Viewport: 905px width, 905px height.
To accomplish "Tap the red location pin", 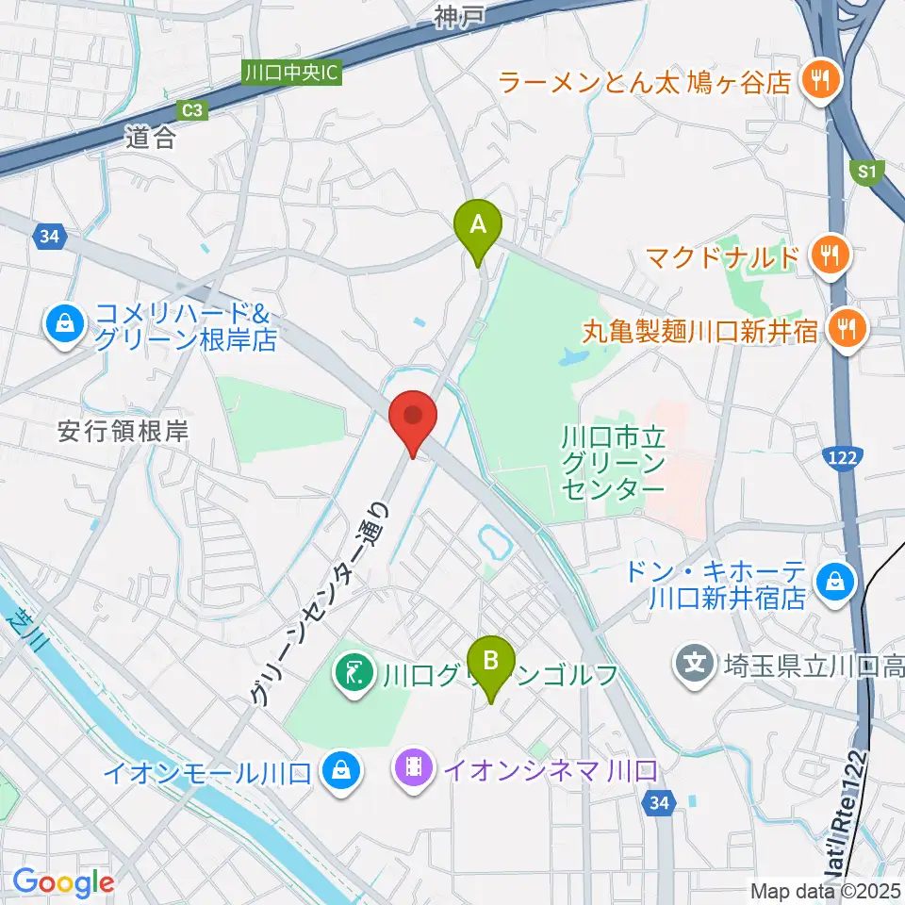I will pos(413,418).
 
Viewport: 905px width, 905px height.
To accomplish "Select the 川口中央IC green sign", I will pos(291,73).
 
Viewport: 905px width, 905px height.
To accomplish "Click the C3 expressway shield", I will pos(192,110).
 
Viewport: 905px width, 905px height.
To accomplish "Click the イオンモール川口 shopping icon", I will pos(337,771).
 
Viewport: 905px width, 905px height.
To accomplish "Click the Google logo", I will pos(63,881).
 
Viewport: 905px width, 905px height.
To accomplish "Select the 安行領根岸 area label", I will pos(123,432).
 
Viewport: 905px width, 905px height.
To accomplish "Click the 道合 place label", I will pos(150,139).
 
